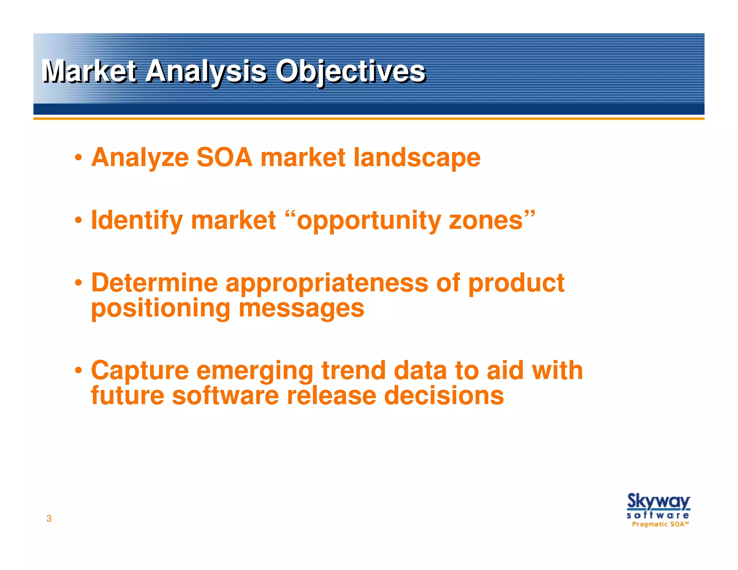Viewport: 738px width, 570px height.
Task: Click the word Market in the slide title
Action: pyautogui.click(x=89, y=71)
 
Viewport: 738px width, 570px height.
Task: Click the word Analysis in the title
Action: pyautogui.click(x=206, y=71)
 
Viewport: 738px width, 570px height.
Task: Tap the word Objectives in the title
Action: pyautogui.click(x=350, y=71)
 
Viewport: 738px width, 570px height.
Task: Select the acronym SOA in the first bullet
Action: pyautogui.click(x=224, y=158)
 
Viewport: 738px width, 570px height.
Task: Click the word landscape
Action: pyautogui.click(x=417, y=158)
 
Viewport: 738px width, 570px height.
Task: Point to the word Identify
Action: pyautogui.click(x=137, y=221)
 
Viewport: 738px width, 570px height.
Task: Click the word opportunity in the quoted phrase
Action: pyautogui.click(x=369, y=221)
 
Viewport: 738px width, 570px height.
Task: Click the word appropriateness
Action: pyautogui.click(x=326, y=283)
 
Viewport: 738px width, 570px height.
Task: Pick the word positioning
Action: pyautogui.click(x=160, y=309)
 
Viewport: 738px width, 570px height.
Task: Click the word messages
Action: pyautogui.click(x=301, y=309)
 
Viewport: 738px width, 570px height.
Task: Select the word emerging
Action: pyautogui.click(x=255, y=371)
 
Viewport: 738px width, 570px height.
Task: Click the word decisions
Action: pyautogui.click(x=444, y=396)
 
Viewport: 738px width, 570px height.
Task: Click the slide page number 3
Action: pyautogui.click(x=49, y=518)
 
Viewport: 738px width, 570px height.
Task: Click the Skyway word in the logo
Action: pyautogui.click(x=658, y=502)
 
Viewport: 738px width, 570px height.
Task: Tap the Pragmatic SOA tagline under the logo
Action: pyautogui.click(x=660, y=524)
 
